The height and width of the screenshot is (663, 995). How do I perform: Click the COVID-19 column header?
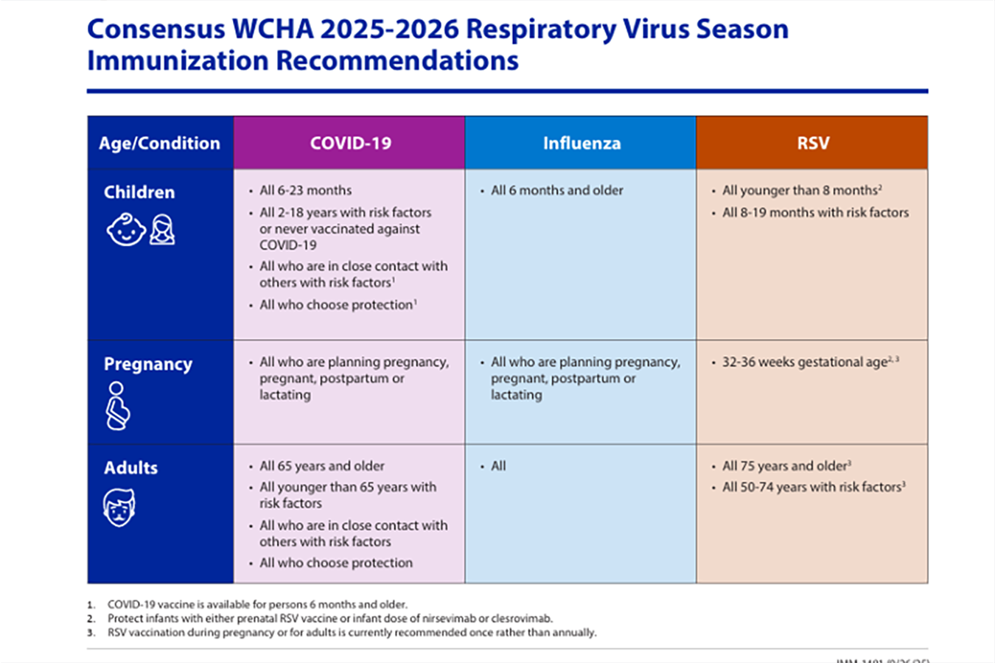pos(350,143)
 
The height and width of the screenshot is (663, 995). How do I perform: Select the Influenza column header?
pos(582,143)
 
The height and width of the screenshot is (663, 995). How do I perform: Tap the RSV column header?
pos(812,143)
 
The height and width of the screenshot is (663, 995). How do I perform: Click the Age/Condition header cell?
pos(159,143)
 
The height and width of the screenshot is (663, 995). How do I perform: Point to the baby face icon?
pos(125,230)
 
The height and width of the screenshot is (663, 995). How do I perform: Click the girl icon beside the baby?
pos(162,230)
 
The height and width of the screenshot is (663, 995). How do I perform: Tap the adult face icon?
pos(119,508)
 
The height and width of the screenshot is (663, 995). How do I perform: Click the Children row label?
pos(139,192)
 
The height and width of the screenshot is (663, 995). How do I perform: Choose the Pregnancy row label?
pos(147,364)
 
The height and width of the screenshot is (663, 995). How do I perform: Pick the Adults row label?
pos(130,468)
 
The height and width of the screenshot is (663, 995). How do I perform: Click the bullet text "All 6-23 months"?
pos(305,190)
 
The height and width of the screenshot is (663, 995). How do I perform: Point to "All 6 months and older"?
pos(556,190)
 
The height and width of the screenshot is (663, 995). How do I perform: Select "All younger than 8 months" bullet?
pos(800,190)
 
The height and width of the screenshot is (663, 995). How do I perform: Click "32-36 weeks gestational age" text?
pos(805,362)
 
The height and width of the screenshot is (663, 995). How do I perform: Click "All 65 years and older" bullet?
pos(321,466)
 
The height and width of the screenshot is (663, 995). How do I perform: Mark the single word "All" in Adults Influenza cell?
pos(498,466)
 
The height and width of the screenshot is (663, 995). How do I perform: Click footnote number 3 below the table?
pos(91,633)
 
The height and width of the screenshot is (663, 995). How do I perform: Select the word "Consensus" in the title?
pos(156,29)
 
